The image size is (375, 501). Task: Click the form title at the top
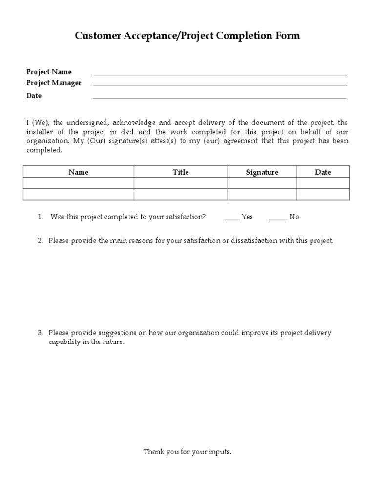(x=187, y=36)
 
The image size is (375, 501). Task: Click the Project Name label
(x=49, y=72)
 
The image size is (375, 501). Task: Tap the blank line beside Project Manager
(x=219, y=85)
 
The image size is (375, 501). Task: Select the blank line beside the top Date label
(x=219, y=98)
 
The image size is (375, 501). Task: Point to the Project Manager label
(x=54, y=83)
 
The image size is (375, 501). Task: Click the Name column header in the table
(x=79, y=172)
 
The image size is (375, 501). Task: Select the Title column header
(x=181, y=172)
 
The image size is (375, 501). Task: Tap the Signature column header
(x=262, y=172)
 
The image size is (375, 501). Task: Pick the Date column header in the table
(x=323, y=172)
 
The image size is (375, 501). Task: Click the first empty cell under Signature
(x=262, y=183)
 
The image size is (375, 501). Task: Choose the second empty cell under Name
(x=79, y=194)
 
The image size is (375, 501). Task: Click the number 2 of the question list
(x=40, y=241)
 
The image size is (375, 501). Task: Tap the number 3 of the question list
(x=40, y=333)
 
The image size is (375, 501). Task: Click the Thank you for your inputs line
(x=187, y=452)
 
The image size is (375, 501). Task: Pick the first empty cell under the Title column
(x=181, y=183)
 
